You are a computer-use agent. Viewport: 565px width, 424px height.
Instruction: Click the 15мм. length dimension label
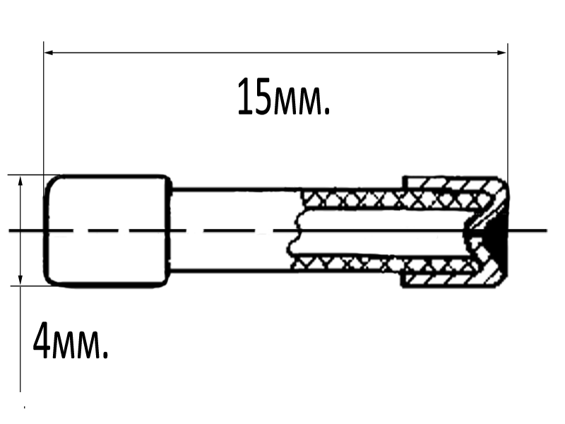tap(284, 97)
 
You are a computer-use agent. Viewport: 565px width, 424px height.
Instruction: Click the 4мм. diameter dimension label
tap(71, 341)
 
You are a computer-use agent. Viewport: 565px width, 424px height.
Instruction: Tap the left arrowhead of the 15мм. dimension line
tap(49, 52)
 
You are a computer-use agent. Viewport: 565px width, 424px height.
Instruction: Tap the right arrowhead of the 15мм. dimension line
tap(501, 52)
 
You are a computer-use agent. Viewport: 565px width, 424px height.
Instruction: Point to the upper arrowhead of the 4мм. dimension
tap(20, 180)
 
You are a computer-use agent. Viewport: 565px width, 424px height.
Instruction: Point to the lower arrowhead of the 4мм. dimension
tap(20, 281)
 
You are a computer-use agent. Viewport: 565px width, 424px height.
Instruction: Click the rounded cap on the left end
tap(107, 231)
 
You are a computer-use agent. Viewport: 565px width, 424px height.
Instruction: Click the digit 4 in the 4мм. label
tap(41, 341)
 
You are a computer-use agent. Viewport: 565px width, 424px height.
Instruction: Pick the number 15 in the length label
tap(254, 96)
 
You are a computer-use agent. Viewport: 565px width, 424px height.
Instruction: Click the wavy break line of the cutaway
tap(295, 231)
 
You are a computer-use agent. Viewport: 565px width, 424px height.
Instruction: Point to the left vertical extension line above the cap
tap(44, 108)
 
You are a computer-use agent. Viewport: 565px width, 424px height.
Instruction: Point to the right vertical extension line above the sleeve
tap(508, 112)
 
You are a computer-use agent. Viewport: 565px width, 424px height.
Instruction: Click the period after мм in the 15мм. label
tap(327, 112)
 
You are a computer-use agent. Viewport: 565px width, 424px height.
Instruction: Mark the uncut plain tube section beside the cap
tap(234, 229)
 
